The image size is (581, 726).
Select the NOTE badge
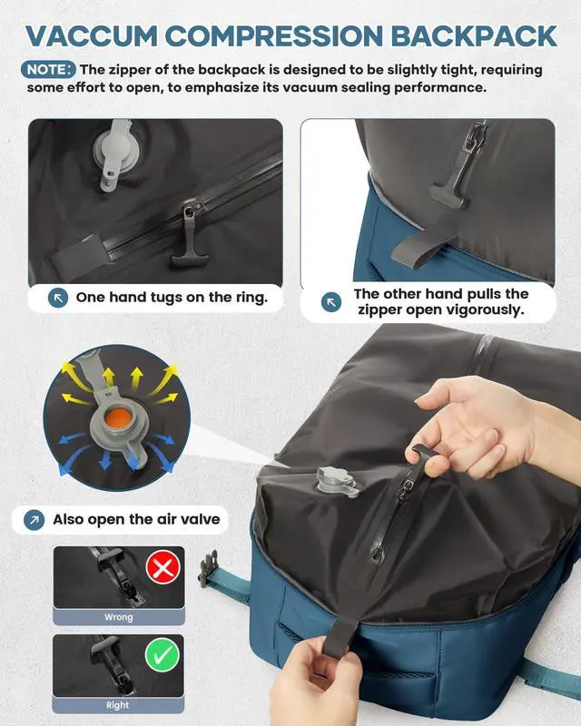click(49, 69)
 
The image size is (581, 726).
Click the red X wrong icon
click(164, 569)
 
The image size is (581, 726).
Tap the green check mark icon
click(164, 657)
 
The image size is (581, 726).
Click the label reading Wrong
click(118, 617)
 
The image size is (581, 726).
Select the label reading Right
click(118, 705)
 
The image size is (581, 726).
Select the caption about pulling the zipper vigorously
click(440, 302)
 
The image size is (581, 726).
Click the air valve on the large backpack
click(328, 480)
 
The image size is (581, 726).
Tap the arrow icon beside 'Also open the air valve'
click(34, 520)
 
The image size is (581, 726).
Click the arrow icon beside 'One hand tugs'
click(58, 298)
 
